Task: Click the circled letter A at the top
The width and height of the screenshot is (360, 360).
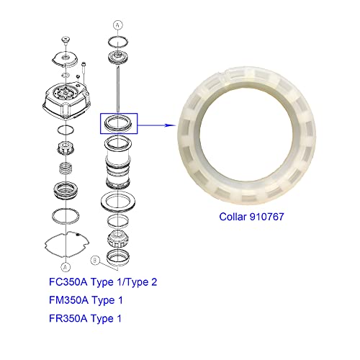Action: tap(119, 23)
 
